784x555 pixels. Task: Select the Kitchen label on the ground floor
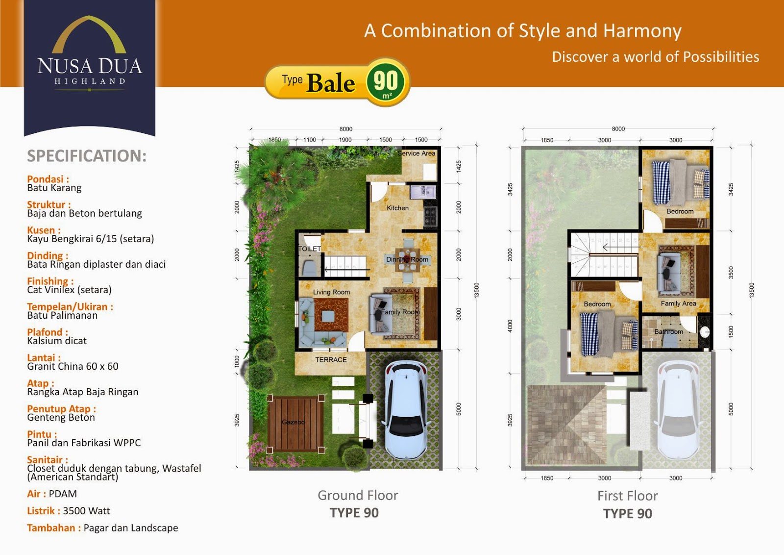(397, 208)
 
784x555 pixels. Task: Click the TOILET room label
(309, 249)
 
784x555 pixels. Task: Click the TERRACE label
(331, 359)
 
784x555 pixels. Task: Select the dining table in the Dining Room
(407, 260)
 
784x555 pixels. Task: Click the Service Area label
(416, 153)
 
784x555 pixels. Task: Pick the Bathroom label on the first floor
(668, 331)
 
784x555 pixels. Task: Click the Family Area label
(678, 303)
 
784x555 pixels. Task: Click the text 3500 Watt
(86, 511)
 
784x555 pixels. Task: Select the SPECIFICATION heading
(87, 156)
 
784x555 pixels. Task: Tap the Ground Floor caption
(358, 496)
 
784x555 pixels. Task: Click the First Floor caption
(628, 496)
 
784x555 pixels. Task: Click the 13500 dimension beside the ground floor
(476, 290)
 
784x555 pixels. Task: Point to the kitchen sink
(423, 192)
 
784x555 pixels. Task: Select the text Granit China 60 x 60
(73, 366)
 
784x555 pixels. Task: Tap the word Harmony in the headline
(642, 31)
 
